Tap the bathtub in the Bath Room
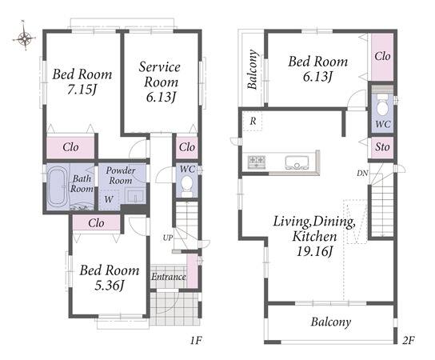pos(58,186)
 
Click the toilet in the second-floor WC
pos(383,105)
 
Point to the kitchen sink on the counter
pos(297,162)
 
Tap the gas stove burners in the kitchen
pos(257,162)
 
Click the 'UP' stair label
pos(168,238)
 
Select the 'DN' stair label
pos(362,174)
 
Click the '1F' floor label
pos(196,340)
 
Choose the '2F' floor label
pos(409,340)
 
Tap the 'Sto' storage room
pos(382,147)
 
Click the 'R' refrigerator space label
pos(253,122)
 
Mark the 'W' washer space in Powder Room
pos(109,199)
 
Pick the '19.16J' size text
pos(315,252)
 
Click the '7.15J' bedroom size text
pos(82,90)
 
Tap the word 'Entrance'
pos(169,277)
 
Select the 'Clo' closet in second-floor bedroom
pos(382,57)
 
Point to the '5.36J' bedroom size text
pos(110,286)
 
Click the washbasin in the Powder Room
pos(135,196)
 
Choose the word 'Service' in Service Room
pos(159,67)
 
